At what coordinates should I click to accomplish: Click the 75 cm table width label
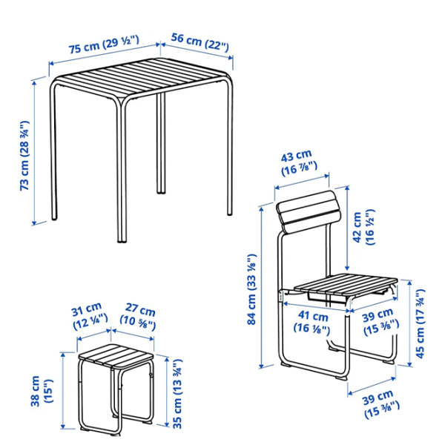pyautogui.click(x=104, y=44)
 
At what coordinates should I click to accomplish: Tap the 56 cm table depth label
pyautogui.click(x=200, y=42)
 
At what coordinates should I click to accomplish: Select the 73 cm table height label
pyautogui.click(x=24, y=156)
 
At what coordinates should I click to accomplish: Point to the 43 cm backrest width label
pyautogui.click(x=299, y=163)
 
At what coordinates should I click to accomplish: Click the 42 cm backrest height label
pyautogui.click(x=363, y=228)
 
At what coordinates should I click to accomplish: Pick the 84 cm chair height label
pyautogui.click(x=251, y=289)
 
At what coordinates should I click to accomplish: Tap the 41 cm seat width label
pyautogui.click(x=312, y=322)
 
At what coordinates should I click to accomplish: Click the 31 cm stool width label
pyautogui.click(x=90, y=316)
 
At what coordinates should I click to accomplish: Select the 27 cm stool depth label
pyautogui.click(x=138, y=317)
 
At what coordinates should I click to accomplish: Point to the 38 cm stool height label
pyautogui.click(x=42, y=391)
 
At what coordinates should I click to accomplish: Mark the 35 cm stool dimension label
pyautogui.click(x=177, y=394)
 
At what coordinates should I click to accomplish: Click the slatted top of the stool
pyautogui.click(x=116, y=355)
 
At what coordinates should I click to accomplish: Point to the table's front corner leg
pyautogui.click(x=122, y=172)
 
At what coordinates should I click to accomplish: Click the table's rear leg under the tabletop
pyautogui.click(x=161, y=143)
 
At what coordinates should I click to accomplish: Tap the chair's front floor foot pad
pyautogui.click(x=341, y=378)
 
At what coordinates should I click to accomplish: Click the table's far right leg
pyautogui.click(x=230, y=148)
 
